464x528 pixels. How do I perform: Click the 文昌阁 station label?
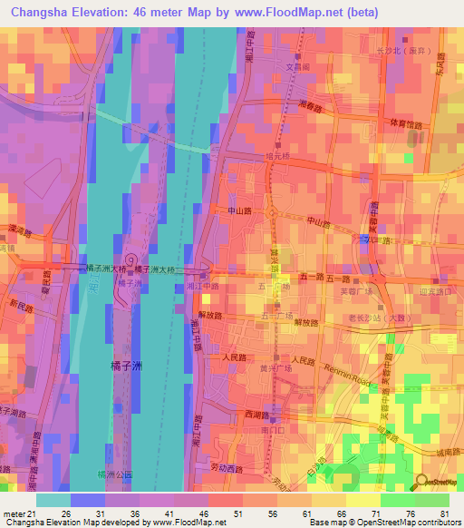[299, 66]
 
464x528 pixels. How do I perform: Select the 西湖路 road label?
[233, 415]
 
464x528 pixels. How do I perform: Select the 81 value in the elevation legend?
[445, 513]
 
